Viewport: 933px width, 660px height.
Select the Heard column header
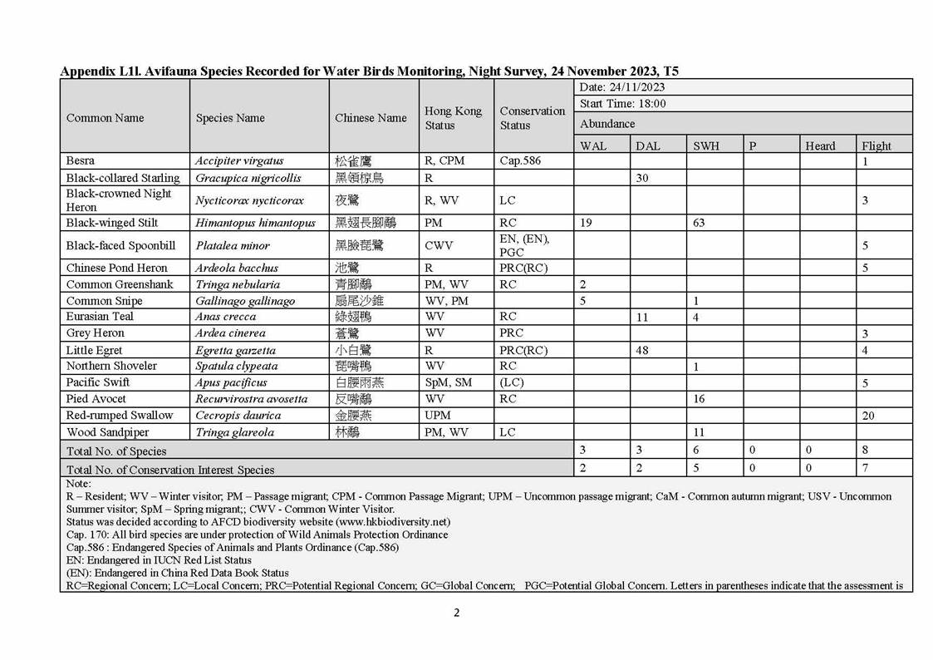click(820, 145)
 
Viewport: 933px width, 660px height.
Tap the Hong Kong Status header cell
click(453, 118)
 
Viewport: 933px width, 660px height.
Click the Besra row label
click(81, 160)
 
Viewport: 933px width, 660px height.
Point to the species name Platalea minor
click(233, 245)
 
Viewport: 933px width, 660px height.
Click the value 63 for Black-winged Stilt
click(699, 223)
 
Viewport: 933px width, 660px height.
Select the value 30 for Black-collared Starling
click(641, 178)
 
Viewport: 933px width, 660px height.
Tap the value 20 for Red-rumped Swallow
click(868, 416)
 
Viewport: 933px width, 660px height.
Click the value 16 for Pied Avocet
click(699, 399)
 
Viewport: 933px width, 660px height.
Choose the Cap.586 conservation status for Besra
click(520, 160)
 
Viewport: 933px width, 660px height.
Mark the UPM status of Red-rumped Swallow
click(438, 416)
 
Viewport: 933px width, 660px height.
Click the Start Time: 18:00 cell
click(622, 104)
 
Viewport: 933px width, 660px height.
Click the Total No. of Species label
click(116, 451)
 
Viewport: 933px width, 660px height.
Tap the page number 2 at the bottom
click(456, 613)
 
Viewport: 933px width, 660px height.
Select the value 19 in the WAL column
click(587, 223)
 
